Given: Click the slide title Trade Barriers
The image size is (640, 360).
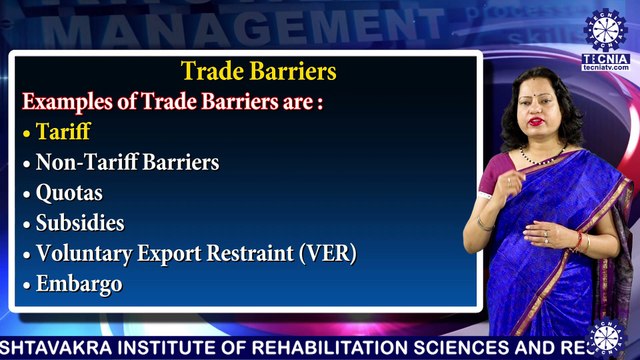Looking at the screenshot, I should pyautogui.click(x=258, y=72).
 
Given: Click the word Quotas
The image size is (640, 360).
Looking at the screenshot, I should pyautogui.click(x=69, y=192).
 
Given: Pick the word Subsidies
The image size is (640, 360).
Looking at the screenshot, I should pyautogui.click(x=80, y=222).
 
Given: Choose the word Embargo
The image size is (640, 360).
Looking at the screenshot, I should pyautogui.click(x=79, y=284).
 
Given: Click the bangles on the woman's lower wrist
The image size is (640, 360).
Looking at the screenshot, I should pyautogui.click(x=577, y=241).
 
